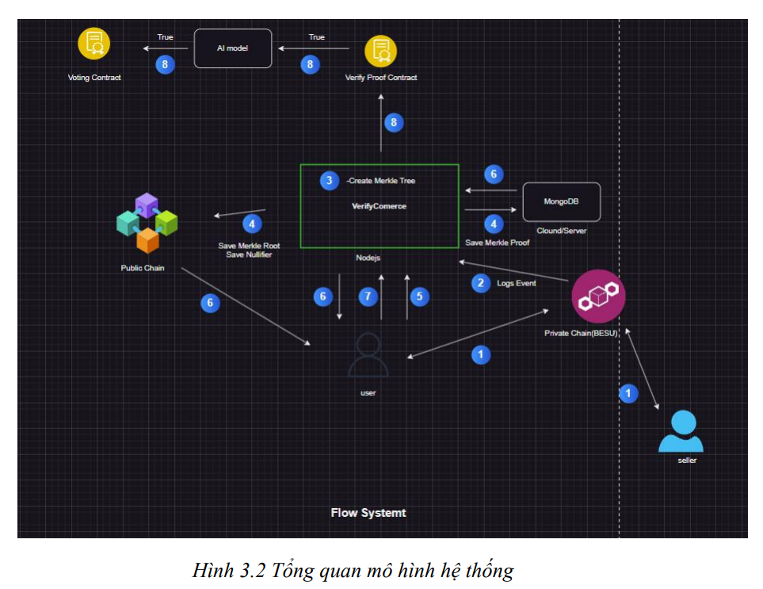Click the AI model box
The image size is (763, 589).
(233, 48)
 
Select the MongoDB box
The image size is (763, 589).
(560, 201)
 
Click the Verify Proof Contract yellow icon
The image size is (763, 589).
(380, 51)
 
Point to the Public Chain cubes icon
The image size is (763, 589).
(147, 223)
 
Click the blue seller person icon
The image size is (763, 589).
(681, 432)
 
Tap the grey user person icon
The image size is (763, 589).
(368, 355)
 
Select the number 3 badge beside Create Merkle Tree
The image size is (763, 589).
(329, 181)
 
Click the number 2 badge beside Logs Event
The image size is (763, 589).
(480, 282)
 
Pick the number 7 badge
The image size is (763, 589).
(367, 296)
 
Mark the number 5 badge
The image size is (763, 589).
(418, 296)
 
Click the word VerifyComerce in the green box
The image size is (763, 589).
(379, 206)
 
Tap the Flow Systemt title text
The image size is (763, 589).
(368, 513)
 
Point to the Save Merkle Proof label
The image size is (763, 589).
(497, 243)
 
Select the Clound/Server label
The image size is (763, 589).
(560, 230)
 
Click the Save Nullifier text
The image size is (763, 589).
(249, 254)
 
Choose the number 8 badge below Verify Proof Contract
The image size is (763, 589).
(393, 122)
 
